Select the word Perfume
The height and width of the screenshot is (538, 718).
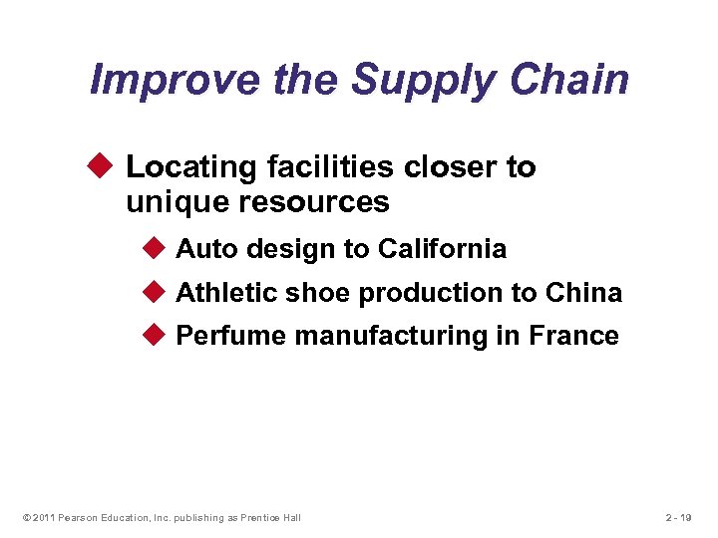pos(230,337)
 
